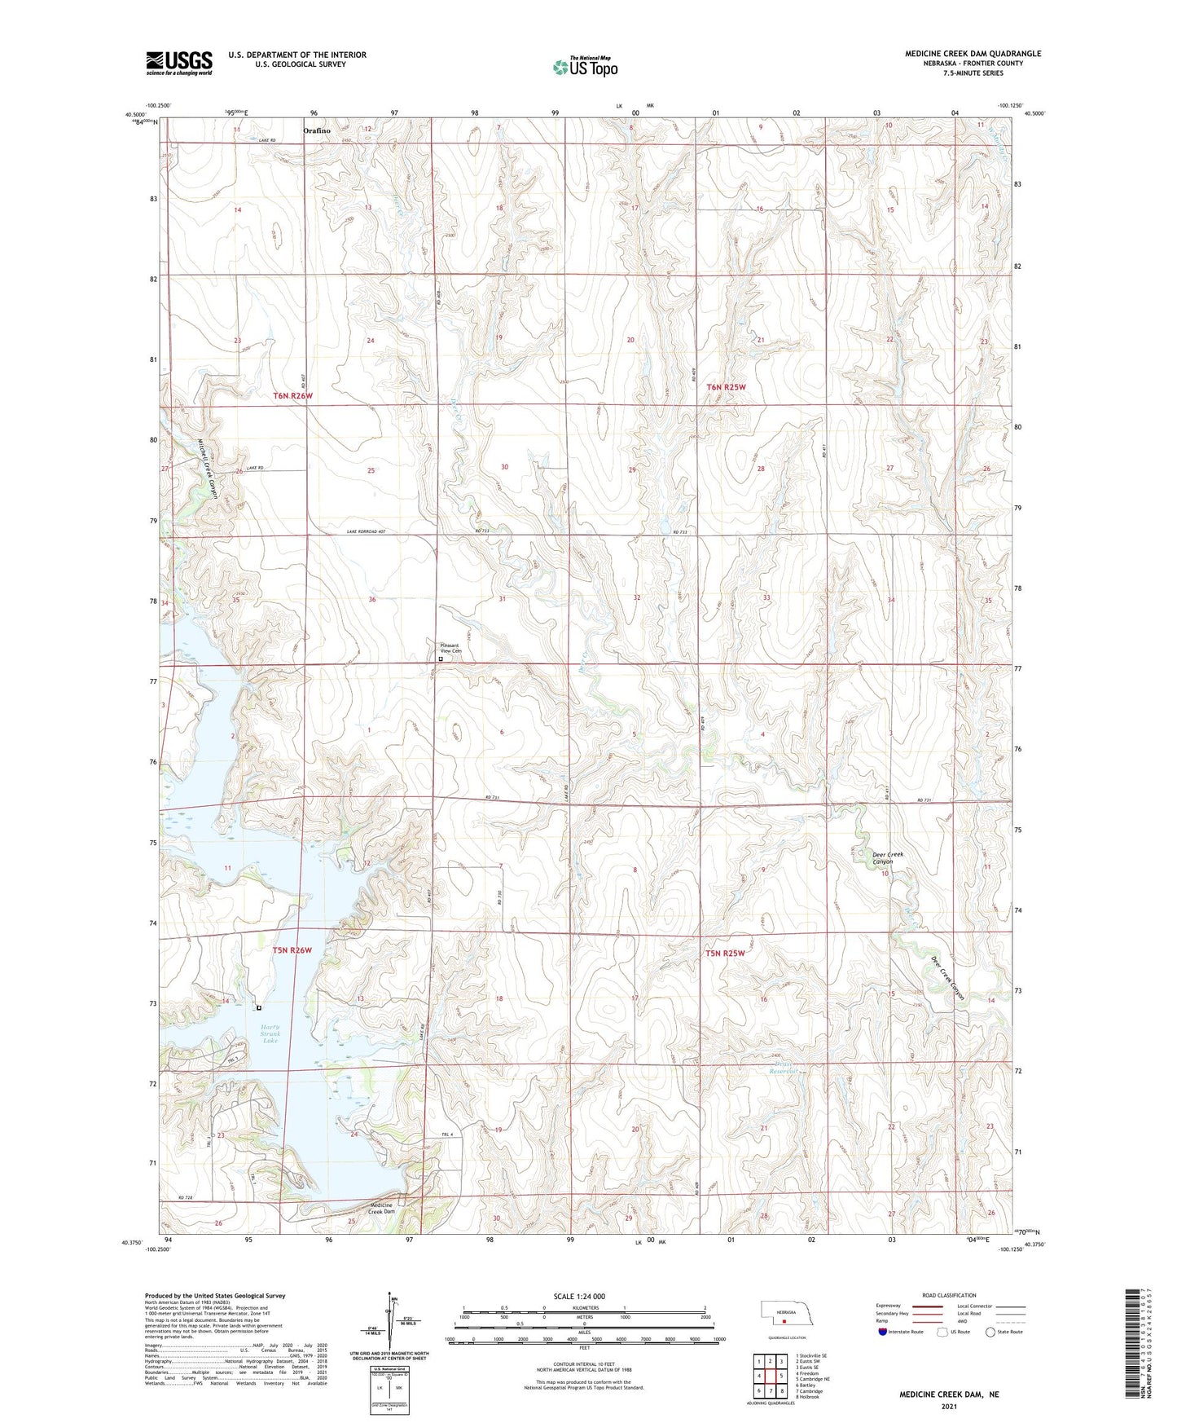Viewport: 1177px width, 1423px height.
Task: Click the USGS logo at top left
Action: tap(179, 63)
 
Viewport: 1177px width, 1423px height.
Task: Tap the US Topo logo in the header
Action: tap(585, 67)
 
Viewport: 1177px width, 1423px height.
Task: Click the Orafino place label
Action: tap(318, 130)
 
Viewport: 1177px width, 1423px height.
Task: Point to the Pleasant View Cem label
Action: tap(450, 649)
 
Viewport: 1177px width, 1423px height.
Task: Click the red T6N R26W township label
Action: tap(292, 396)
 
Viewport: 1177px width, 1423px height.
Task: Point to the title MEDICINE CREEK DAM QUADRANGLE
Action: tap(973, 54)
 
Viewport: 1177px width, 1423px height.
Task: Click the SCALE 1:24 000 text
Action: tap(578, 1296)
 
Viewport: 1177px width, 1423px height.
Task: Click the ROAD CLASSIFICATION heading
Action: tap(950, 1295)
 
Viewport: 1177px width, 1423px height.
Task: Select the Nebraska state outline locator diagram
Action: tap(785, 1315)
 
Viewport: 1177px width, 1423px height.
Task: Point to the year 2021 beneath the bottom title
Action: tap(949, 1407)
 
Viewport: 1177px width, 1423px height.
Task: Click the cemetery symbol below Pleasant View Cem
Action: tap(441, 660)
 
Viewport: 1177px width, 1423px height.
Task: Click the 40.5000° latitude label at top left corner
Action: tap(136, 114)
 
